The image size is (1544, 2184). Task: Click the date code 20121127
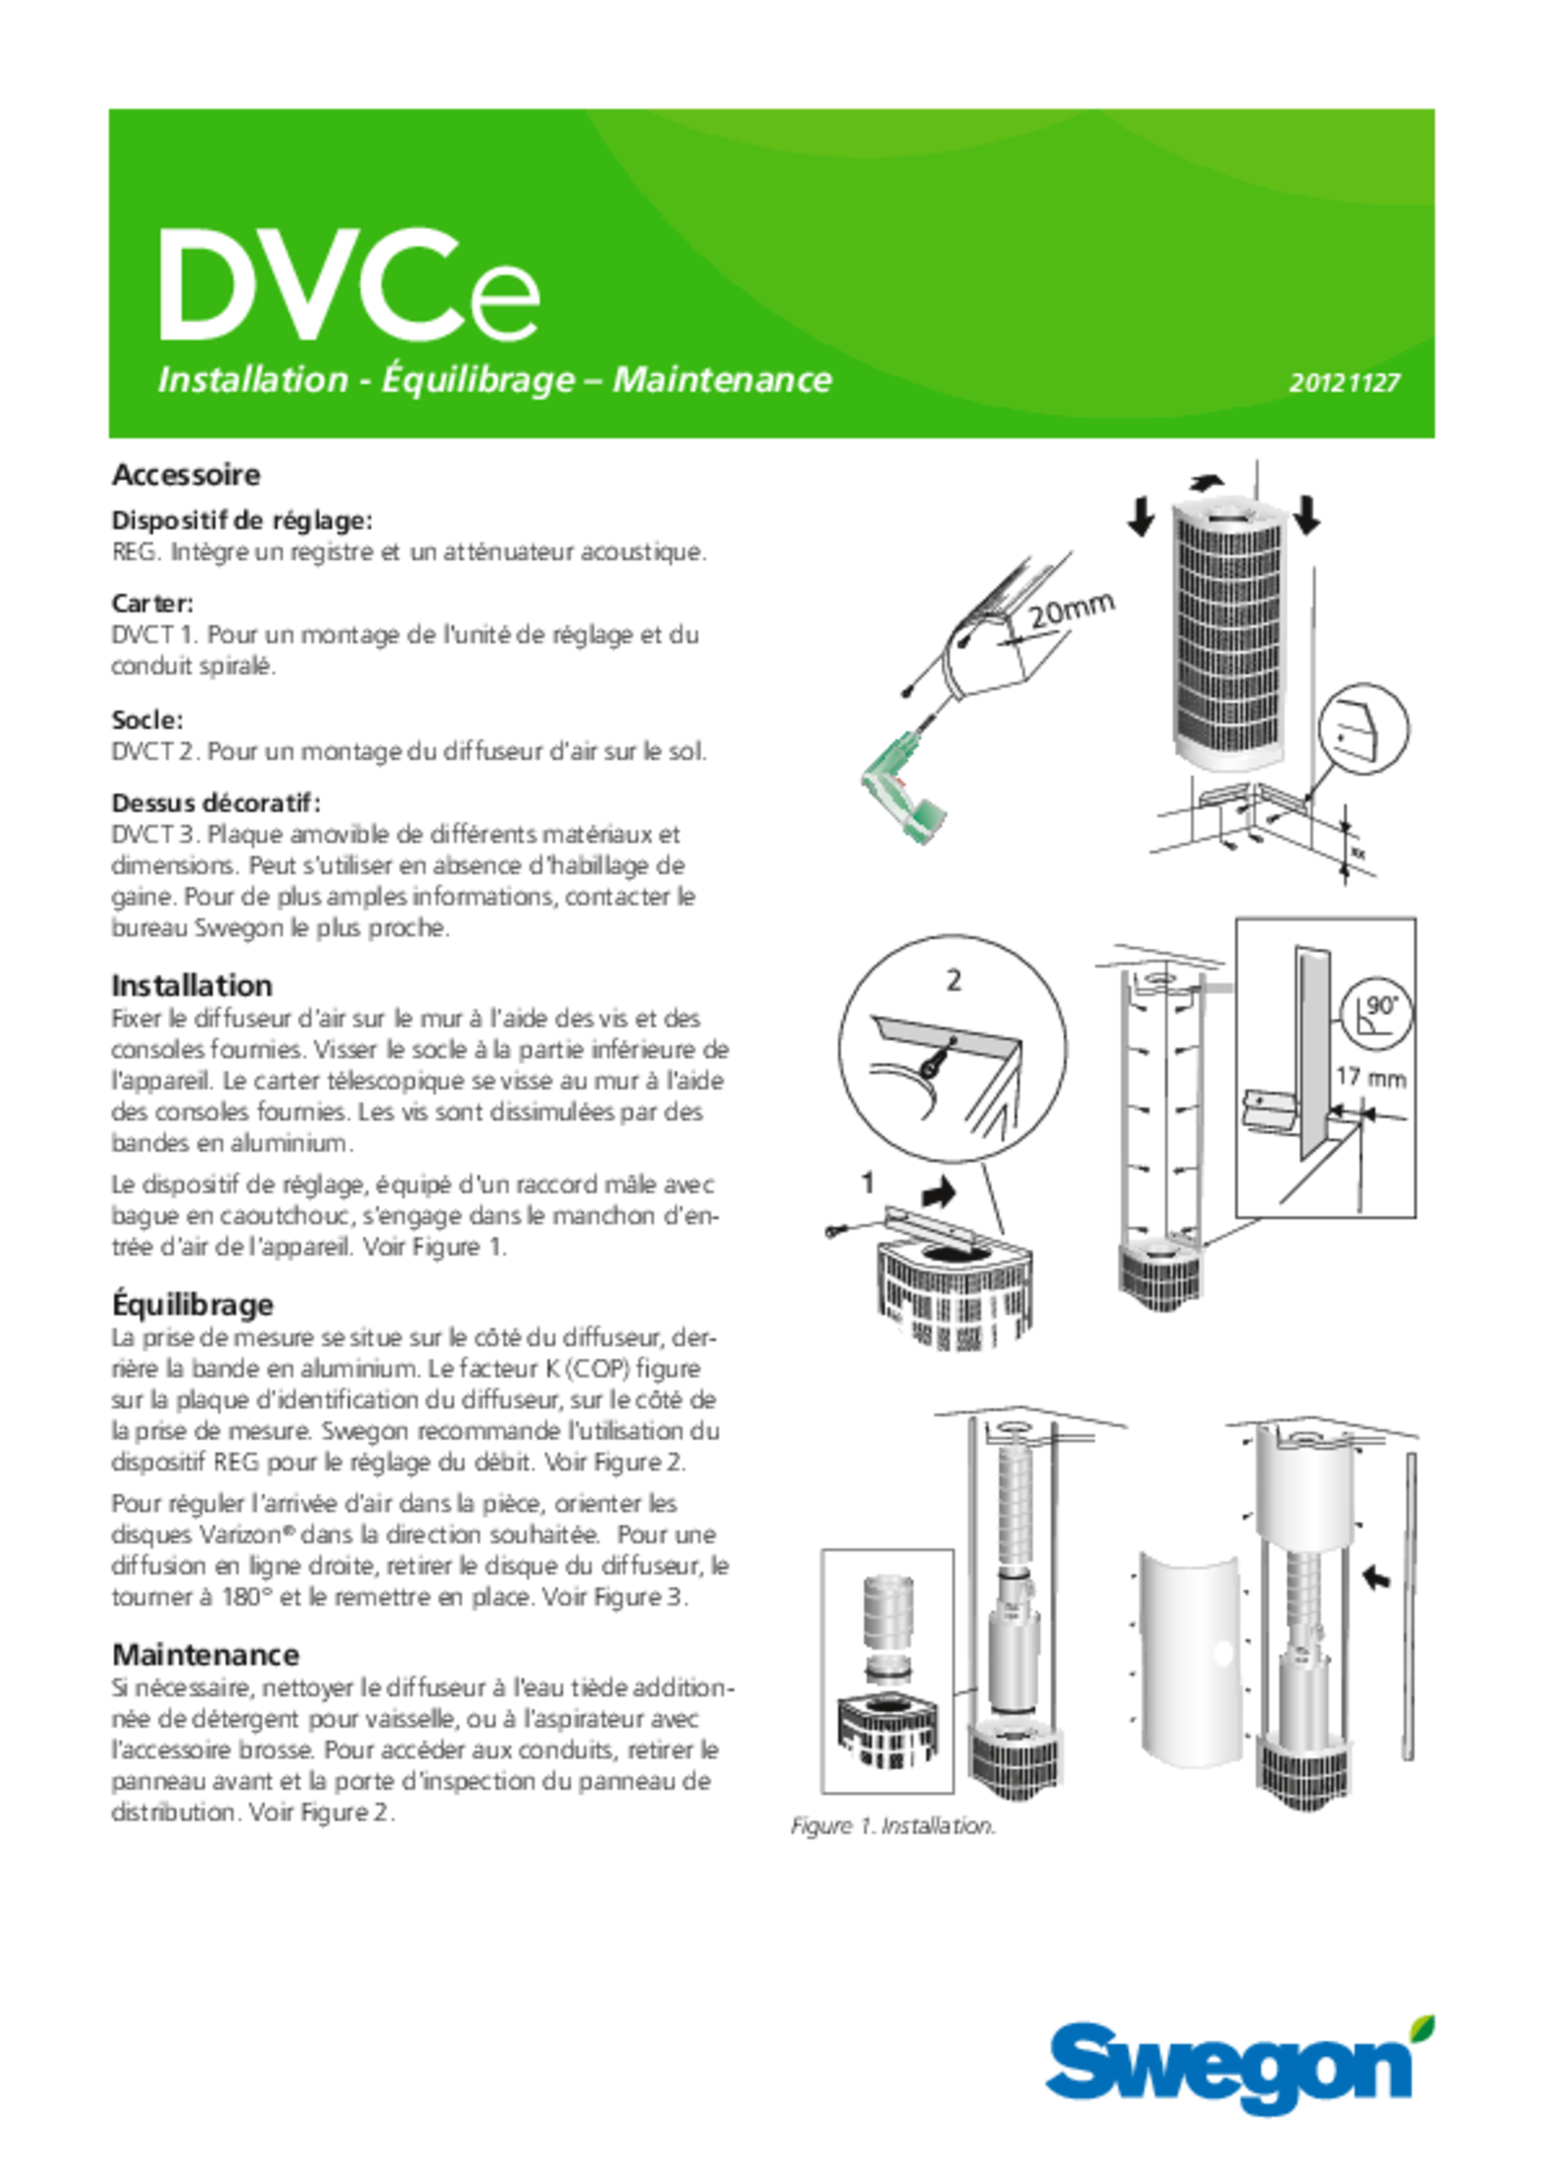[1344, 382]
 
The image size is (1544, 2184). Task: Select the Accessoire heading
[186, 475]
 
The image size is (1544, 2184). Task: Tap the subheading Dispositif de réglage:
[242, 521]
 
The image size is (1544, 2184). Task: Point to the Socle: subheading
[148, 720]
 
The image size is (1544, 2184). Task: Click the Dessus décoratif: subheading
[216, 803]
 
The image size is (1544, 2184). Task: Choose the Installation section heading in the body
[192, 986]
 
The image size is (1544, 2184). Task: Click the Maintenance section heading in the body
[206, 1654]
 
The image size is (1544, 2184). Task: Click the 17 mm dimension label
[1370, 1077]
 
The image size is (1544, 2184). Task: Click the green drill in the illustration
[903, 789]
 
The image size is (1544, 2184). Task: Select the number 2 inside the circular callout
[953, 981]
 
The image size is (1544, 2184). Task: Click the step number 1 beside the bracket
[868, 1184]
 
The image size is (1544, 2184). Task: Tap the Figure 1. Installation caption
[893, 1826]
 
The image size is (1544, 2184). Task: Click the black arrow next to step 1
[938, 1194]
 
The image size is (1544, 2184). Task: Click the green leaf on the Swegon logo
[1422, 2027]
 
